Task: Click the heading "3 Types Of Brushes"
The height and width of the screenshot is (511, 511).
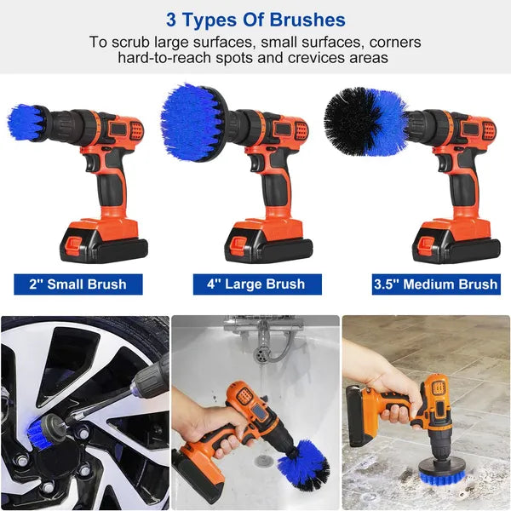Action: [x=256, y=20]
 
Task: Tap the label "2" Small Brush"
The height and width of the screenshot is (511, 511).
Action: [x=78, y=284]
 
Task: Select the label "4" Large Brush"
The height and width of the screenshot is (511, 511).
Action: [x=256, y=284]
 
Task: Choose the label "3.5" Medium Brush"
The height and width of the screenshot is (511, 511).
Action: [x=434, y=284]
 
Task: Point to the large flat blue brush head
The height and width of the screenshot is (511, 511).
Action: [x=191, y=121]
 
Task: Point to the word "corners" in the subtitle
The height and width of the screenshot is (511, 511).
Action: [x=387, y=41]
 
